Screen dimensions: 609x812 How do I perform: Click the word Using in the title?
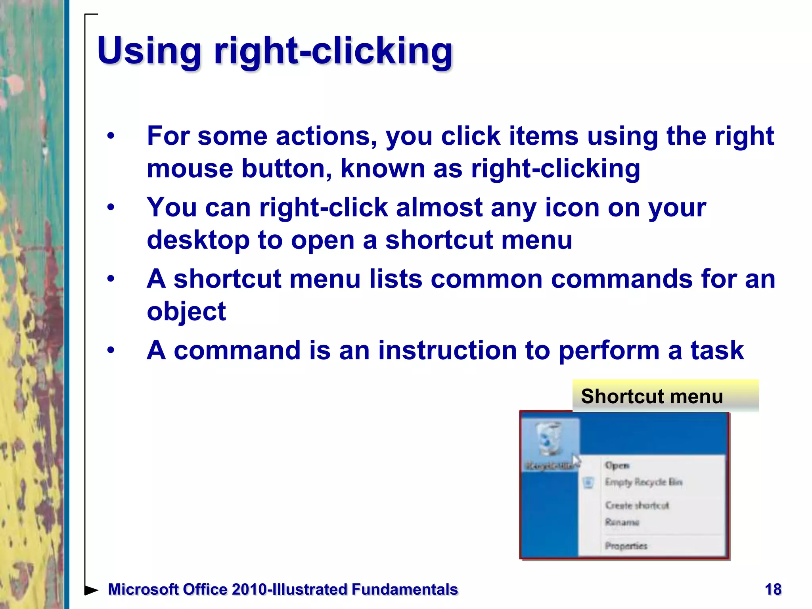[x=149, y=51]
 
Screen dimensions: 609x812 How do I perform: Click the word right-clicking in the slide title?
[x=333, y=51]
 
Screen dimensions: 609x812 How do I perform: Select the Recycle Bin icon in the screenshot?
[x=550, y=439]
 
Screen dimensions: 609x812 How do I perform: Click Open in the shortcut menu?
[x=617, y=465]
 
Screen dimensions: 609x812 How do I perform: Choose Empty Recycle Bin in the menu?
[x=643, y=482]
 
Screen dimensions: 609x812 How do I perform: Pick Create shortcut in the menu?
[x=637, y=505]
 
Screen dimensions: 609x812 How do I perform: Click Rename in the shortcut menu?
[x=622, y=522]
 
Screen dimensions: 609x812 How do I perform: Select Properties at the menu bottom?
[x=626, y=546]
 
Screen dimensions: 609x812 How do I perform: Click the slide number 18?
[x=773, y=589]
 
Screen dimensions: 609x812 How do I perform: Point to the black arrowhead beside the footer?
[x=91, y=590]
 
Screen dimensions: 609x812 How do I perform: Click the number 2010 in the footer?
[x=249, y=590]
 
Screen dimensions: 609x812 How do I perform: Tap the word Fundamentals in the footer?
[x=404, y=590]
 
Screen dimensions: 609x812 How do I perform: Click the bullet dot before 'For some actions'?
[x=111, y=136]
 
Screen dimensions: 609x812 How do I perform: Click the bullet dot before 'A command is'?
[x=111, y=350]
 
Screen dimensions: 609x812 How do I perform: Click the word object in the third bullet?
[x=186, y=311]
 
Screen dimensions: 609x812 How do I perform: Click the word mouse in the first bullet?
[x=190, y=169]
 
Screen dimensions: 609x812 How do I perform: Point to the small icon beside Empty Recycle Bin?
[x=588, y=483]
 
